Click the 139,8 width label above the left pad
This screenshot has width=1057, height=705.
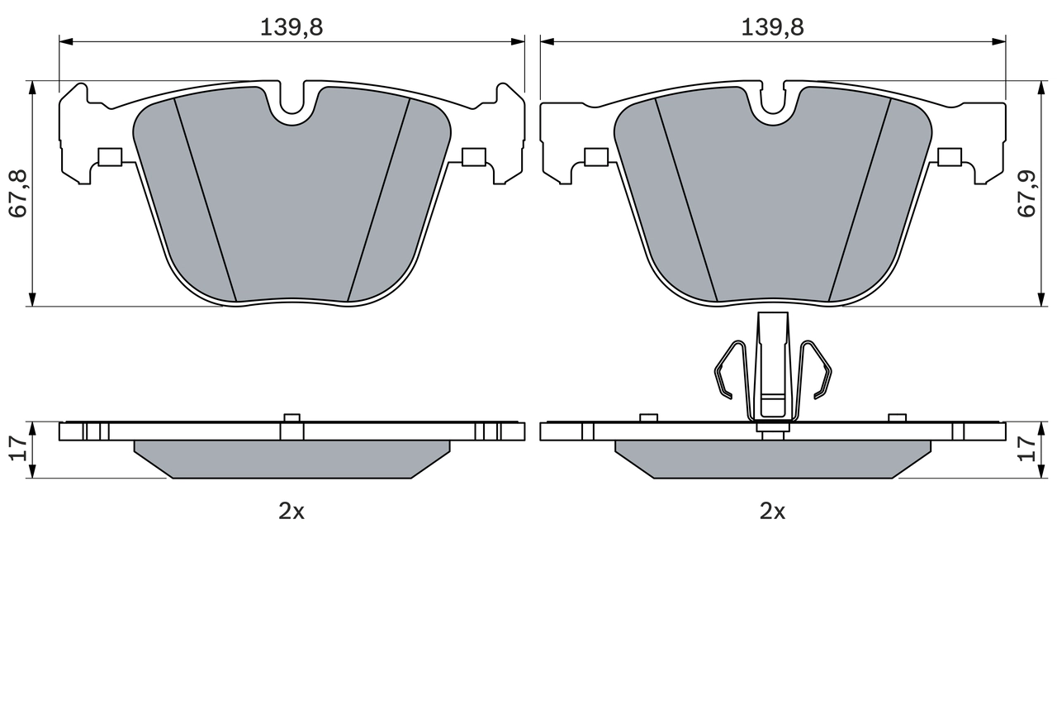tap(292, 27)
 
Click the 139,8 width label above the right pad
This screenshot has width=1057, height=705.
tap(772, 27)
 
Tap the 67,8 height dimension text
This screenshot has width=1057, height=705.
tap(18, 193)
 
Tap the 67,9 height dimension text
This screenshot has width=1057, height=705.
tap(1026, 193)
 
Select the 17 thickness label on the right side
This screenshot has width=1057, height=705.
tap(1026, 449)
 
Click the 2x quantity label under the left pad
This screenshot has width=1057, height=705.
tap(292, 511)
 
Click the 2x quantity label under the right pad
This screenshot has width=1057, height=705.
tap(772, 511)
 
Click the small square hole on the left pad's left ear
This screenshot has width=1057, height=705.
tap(109, 156)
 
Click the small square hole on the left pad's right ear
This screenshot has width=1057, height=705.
tap(474, 156)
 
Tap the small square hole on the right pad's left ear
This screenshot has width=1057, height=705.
tap(595, 156)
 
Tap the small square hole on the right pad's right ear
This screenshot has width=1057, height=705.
tap(950, 156)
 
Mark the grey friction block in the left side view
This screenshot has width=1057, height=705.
tap(292, 459)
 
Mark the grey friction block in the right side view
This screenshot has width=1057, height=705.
tap(772, 459)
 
